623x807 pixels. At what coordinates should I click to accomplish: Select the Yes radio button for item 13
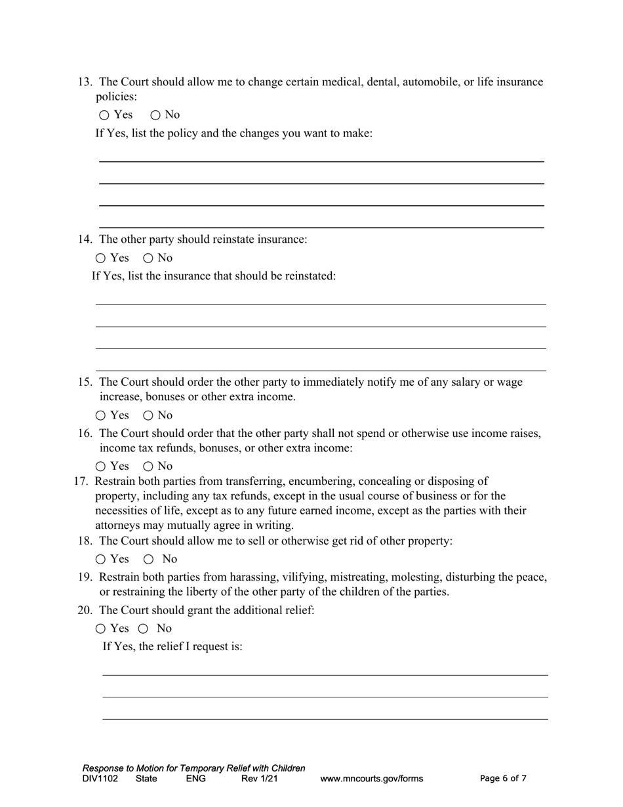(105, 115)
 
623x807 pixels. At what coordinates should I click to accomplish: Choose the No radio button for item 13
(155, 115)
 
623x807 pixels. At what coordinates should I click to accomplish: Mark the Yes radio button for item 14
(100, 259)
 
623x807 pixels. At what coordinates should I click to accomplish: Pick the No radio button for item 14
(148, 259)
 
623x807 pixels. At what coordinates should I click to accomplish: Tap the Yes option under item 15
(100, 416)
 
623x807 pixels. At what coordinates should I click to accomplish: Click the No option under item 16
(148, 467)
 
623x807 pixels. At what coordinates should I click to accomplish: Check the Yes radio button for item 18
(100, 560)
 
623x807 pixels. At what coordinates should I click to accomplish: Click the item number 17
(81, 482)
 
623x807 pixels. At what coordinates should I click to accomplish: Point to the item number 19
(85, 577)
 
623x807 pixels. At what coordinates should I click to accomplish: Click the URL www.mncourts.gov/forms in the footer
(371, 779)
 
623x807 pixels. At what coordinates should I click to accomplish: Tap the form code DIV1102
(100, 779)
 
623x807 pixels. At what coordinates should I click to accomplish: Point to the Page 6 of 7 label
(503, 779)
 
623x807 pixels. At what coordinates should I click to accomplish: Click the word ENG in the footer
(195, 779)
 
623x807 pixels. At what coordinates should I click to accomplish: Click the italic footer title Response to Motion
(193, 768)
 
